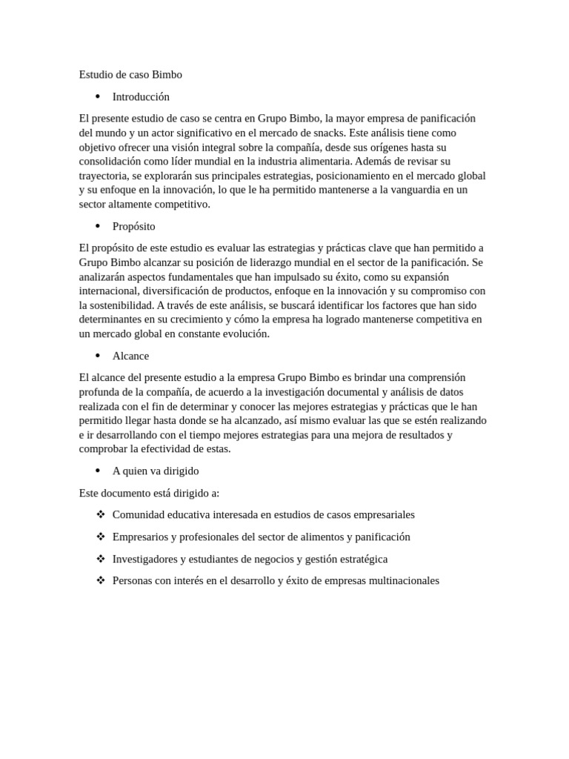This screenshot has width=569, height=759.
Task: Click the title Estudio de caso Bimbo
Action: tap(130, 75)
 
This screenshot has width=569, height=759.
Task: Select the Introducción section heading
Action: tap(141, 96)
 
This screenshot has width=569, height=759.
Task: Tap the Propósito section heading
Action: tap(134, 226)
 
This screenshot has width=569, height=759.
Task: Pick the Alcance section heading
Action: tap(130, 356)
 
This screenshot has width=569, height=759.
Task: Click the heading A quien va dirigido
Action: tap(156, 471)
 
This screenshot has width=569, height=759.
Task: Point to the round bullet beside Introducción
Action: tap(97, 96)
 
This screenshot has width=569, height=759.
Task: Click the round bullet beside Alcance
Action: tap(97, 356)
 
